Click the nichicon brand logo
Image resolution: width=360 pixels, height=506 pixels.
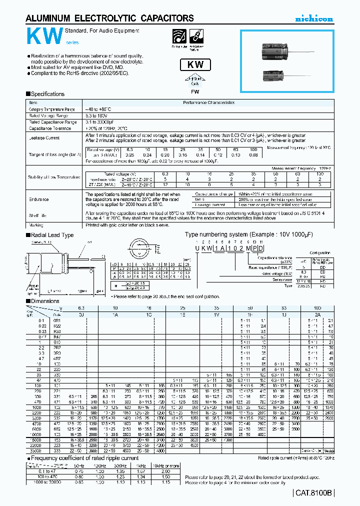pyautogui.click(x=313, y=19)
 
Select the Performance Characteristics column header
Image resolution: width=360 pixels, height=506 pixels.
pyautogui.click(x=208, y=102)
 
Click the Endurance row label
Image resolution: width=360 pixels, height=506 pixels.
pyautogui.click(x=38, y=199)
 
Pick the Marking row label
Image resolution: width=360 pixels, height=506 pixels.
pyautogui.click(x=36, y=225)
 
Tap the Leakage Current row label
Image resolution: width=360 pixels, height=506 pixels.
pyautogui.click(x=44, y=138)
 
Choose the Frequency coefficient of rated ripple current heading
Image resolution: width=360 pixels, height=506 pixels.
pyautogui.click(x=84, y=457)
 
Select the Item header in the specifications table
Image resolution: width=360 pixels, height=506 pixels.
pyautogui.click(x=33, y=102)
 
